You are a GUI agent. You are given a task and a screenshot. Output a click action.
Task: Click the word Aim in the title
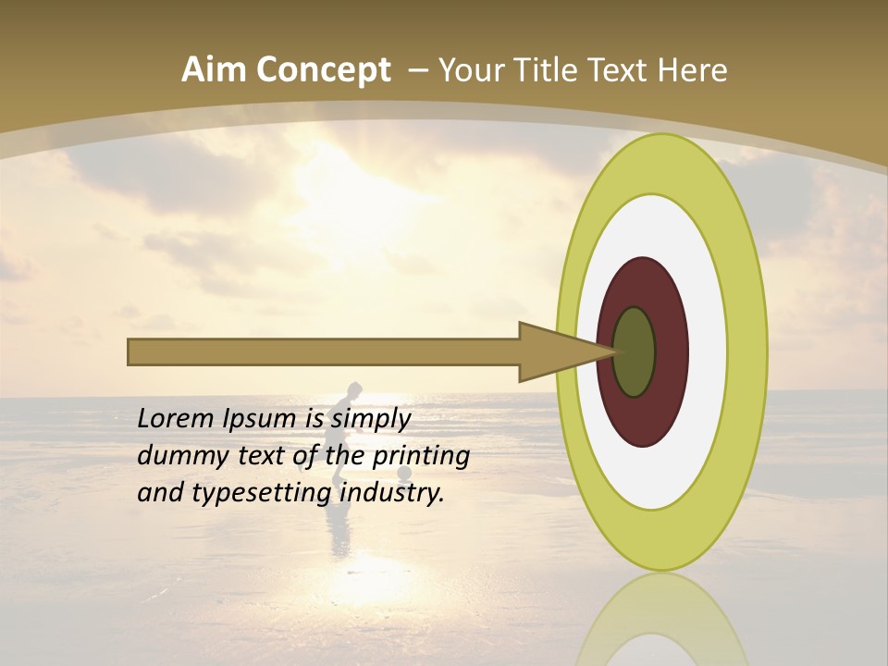click(x=214, y=70)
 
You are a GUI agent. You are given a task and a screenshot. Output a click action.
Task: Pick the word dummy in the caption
click(x=179, y=456)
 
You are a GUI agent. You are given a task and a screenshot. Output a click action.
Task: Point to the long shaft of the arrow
click(x=324, y=351)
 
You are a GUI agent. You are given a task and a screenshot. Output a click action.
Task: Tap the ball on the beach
click(x=404, y=474)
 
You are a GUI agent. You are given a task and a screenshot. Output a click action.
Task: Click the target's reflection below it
click(x=661, y=620)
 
